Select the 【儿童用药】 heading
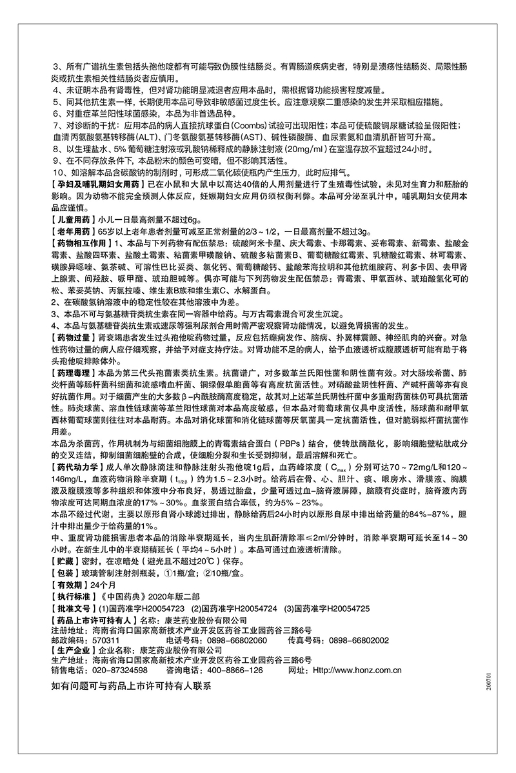tap(73, 219)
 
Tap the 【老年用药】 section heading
tap(73, 231)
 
